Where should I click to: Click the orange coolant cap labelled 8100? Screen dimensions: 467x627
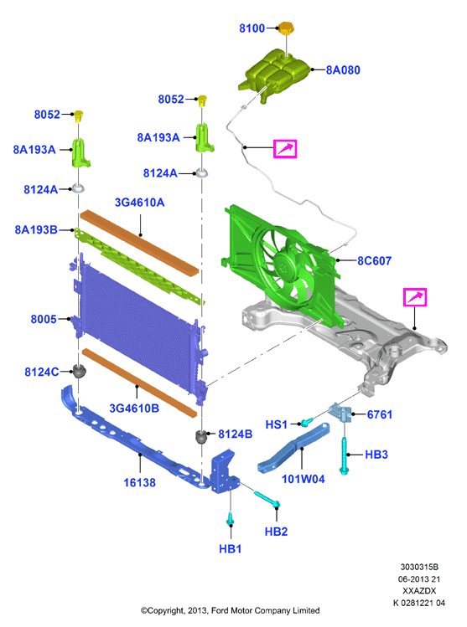[286, 28]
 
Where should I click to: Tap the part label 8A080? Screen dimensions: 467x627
[343, 70]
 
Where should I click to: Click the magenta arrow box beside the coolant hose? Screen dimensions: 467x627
[285, 149]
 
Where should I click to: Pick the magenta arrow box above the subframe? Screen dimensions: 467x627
[415, 297]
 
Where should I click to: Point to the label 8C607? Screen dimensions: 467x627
[374, 260]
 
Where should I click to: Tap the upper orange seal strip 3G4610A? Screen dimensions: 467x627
[139, 242]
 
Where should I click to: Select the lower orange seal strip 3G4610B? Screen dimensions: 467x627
[139, 383]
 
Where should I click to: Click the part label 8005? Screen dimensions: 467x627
[44, 319]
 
